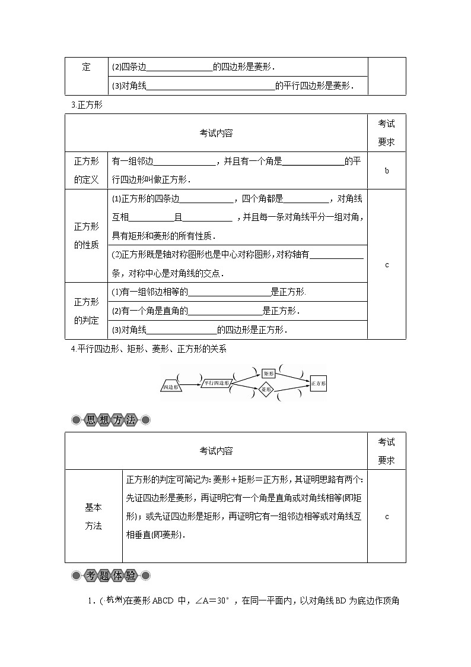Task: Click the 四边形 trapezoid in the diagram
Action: pyautogui.click(x=170, y=387)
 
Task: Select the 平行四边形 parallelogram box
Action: pyautogui.click(x=216, y=383)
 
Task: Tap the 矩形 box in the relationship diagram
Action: pyautogui.click(x=269, y=373)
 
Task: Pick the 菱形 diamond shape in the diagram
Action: pyautogui.click(x=266, y=390)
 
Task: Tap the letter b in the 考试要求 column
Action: pyautogui.click(x=387, y=170)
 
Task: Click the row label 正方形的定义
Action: pyautogui.click(x=87, y=170)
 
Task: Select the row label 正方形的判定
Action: pyautogui.click(x=87, y=311)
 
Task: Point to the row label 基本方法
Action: pyautogui.click(x=93, y=516)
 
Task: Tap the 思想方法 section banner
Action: pyautogui.click(x=111, y=420)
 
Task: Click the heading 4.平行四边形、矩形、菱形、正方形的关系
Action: pyautogui.click(x=148, y=349)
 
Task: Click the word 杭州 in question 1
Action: pyautogui.click(x=111, y=601)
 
